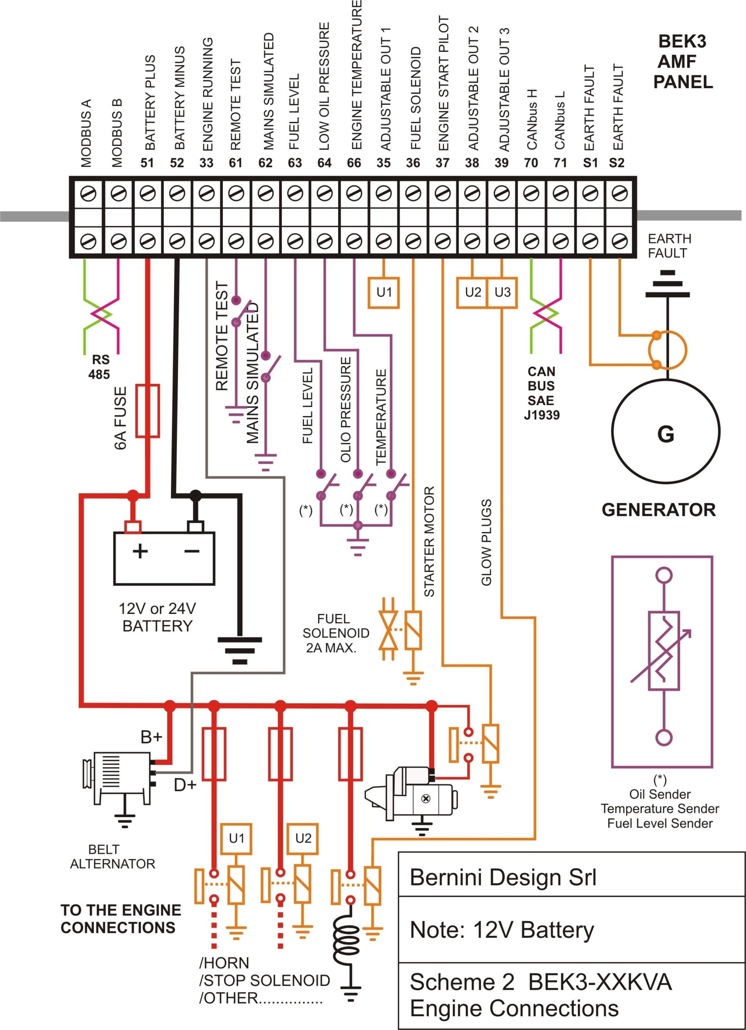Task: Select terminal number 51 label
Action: click(147, 163)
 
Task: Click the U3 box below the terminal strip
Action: click(502, 293)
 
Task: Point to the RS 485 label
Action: click(100, 367)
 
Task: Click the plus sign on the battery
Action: click(140, 551)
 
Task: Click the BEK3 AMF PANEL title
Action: click(682, 62)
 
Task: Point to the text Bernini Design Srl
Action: click(502, 878)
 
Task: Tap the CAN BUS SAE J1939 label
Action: click(541, 393)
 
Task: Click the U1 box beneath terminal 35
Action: click(384, 293)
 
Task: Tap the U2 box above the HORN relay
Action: click(303, 838)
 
